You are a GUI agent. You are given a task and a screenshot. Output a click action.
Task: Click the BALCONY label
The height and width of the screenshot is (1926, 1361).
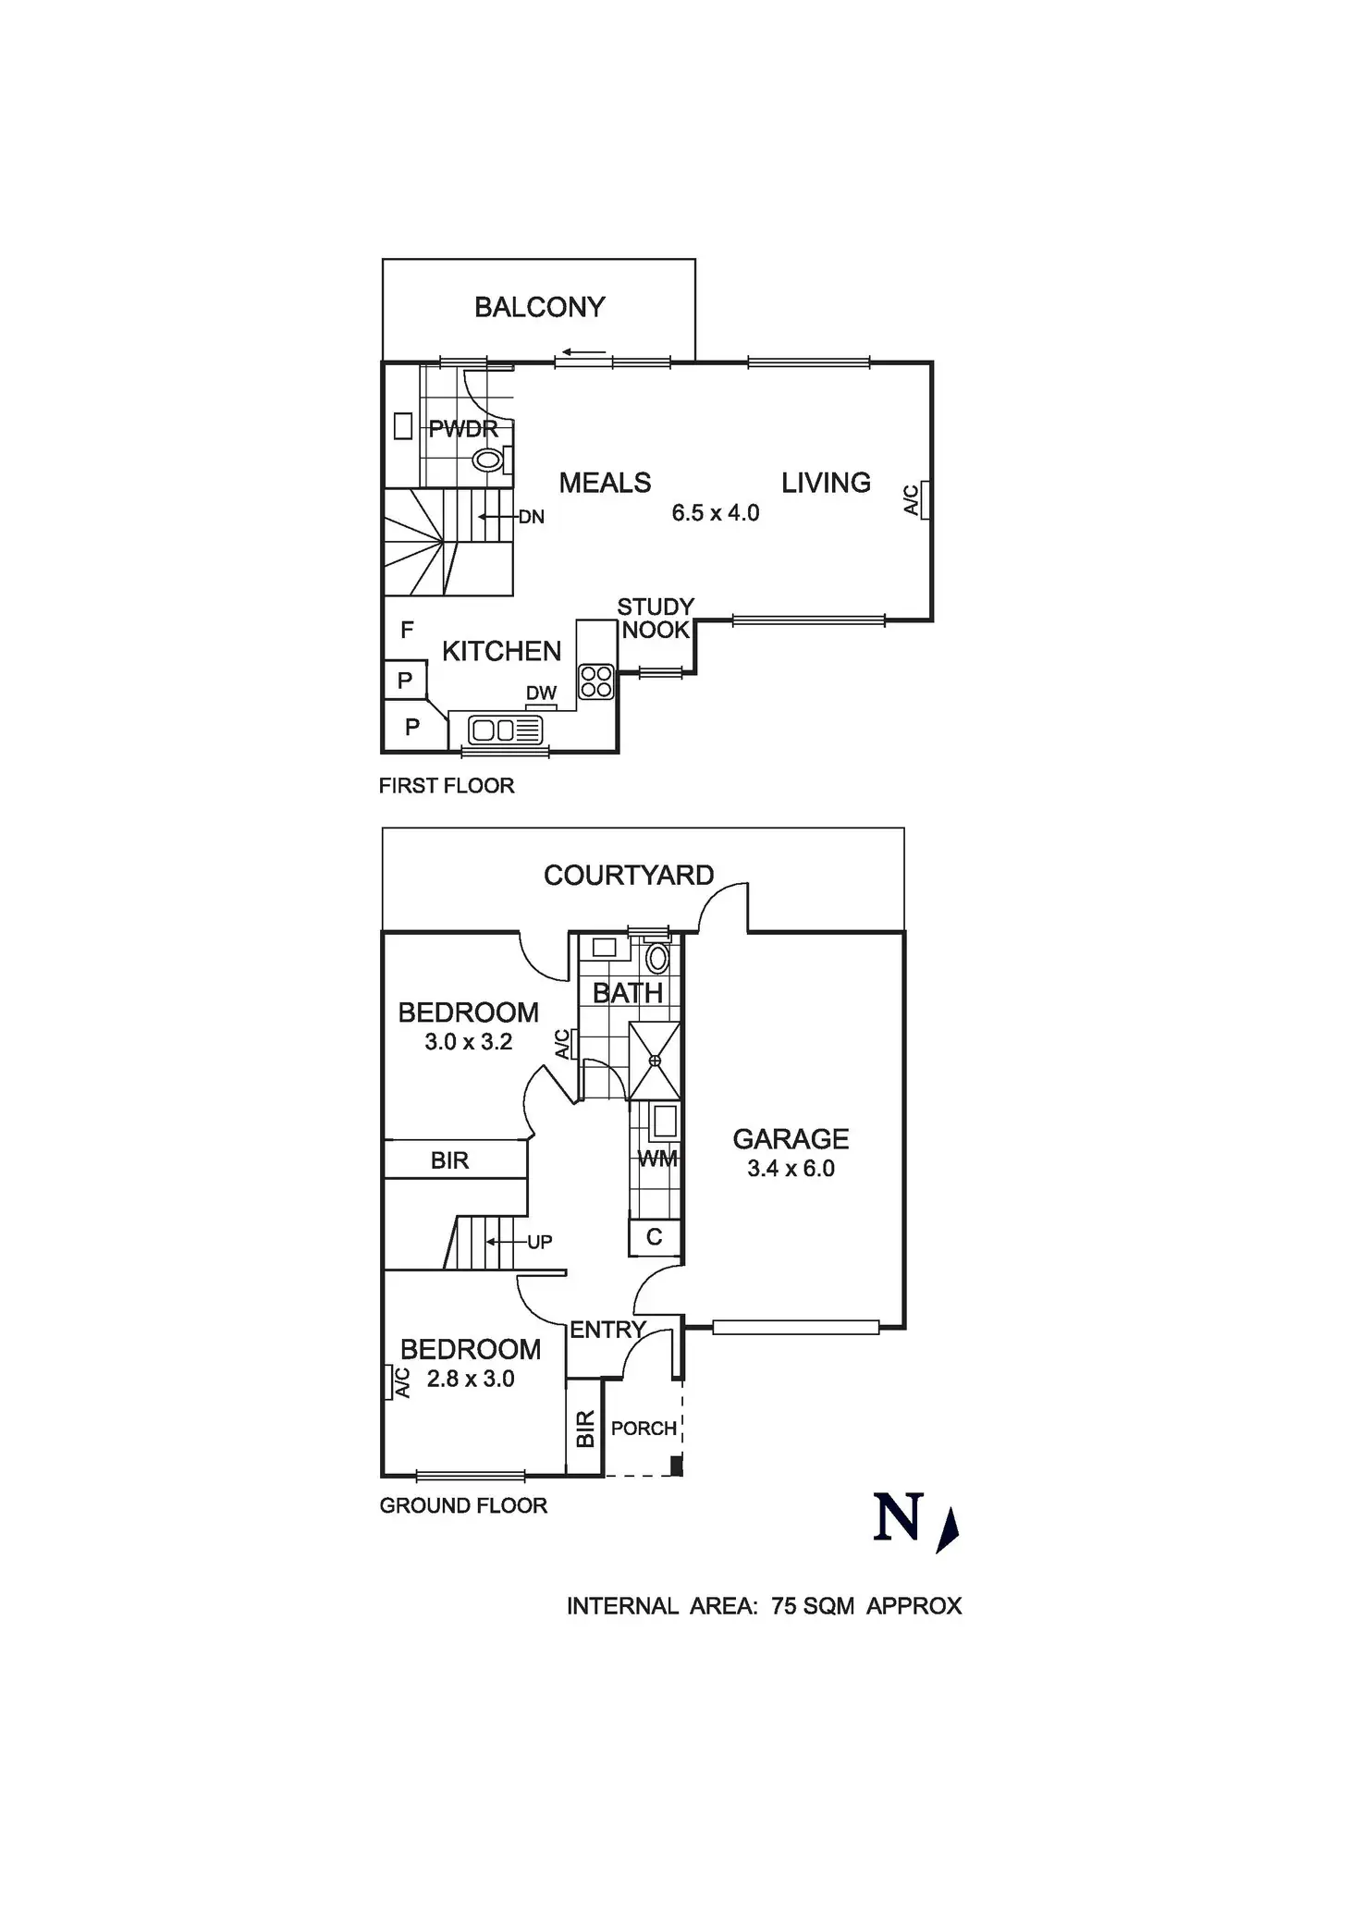539,307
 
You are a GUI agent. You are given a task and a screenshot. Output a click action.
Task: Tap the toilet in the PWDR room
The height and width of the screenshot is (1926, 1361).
488,460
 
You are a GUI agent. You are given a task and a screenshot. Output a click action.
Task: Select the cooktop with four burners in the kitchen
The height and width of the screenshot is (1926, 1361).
596,682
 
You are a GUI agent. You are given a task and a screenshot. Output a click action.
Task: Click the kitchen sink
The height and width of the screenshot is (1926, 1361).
505,730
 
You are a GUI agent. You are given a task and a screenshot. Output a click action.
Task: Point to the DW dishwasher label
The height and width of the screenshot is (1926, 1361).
541,693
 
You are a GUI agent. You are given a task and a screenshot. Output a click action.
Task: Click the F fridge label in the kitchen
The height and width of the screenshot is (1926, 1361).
407,630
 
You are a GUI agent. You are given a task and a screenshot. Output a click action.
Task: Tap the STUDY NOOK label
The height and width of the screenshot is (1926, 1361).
656,619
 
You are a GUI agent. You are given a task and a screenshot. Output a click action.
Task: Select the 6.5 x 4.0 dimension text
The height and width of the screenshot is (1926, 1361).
715,513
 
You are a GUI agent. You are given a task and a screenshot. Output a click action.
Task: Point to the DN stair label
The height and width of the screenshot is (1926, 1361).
531,517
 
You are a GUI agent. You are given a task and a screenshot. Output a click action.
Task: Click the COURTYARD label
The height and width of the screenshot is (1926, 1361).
629,876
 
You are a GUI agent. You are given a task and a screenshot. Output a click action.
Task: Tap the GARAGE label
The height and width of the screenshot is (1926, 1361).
791,1139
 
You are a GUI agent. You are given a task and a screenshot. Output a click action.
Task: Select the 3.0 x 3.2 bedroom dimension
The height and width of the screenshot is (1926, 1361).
468,1042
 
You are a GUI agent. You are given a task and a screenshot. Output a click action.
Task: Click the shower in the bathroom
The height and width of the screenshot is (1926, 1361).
655,1061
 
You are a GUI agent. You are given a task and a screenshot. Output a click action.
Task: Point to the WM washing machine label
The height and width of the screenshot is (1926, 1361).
657,1159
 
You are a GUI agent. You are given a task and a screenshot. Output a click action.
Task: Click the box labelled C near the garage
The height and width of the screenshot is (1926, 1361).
655,1237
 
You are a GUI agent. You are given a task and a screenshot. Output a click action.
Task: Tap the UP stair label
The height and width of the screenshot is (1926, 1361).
539,1242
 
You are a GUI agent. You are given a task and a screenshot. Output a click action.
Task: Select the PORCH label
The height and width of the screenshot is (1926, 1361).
644,1429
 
